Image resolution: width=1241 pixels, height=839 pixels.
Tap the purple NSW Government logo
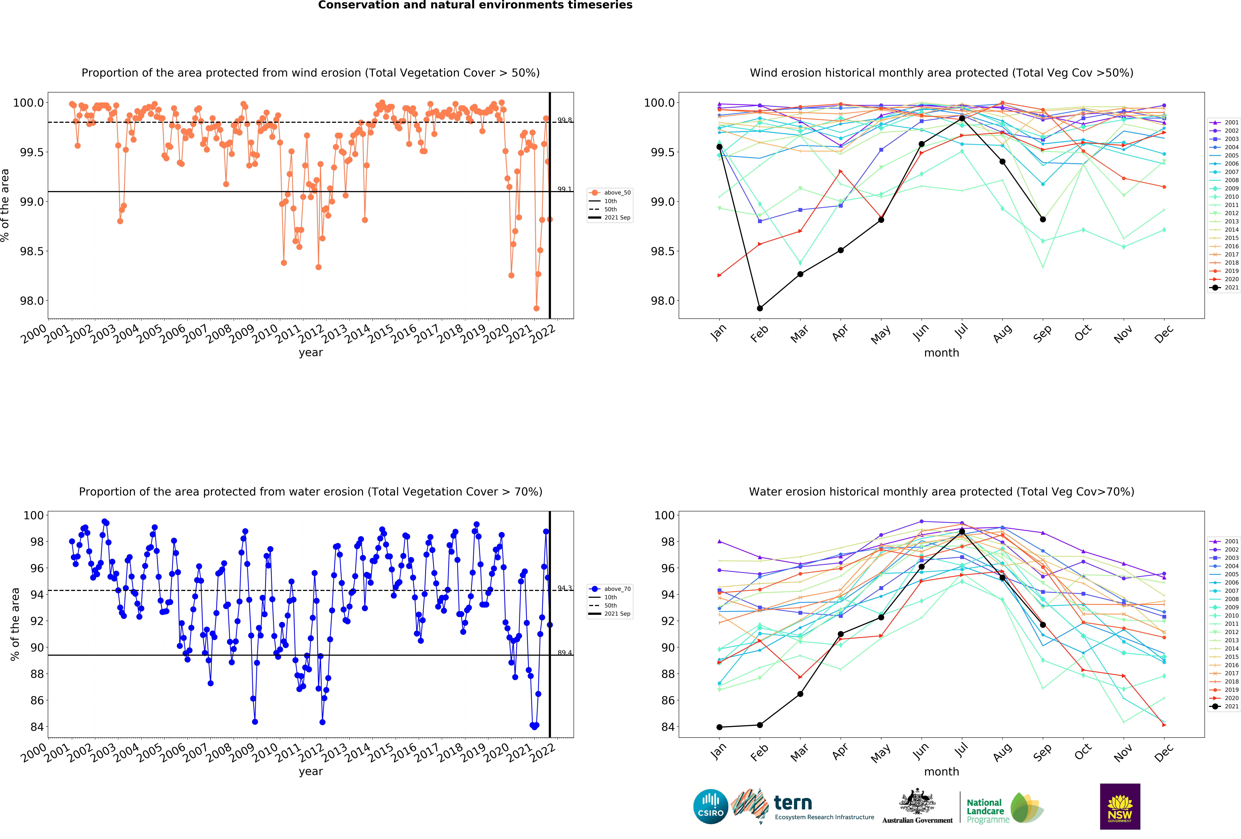click(x=1120, y=806)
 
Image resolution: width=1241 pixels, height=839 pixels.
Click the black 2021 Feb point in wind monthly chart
click(x=760, y=308)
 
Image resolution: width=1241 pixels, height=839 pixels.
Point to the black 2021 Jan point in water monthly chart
click(x=719, y=727)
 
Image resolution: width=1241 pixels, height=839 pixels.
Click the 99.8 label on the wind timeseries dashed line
click(x=564, y=120)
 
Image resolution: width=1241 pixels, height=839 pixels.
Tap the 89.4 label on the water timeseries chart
click(x=564, y=653)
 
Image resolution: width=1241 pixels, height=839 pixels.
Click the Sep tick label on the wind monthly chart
click(x=1042, y=333)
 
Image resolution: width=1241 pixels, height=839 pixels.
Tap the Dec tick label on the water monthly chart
click(x=1164, y=752)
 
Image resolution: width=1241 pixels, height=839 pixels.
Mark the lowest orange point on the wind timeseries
click(x=536, y=308)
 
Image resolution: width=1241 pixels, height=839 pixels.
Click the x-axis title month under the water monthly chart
click(x=941, y=772)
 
